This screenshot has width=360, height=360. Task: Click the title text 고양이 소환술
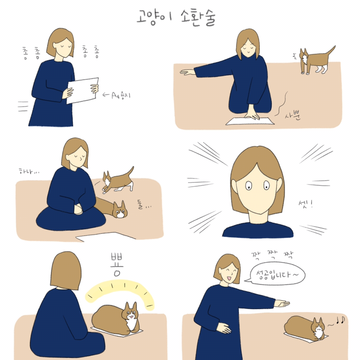[176, 17]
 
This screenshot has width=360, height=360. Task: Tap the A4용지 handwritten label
[121, 95]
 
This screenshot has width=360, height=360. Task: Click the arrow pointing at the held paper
[106, 95]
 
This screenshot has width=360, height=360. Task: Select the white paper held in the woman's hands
[83, 90]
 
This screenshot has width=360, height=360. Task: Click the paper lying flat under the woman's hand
[250, 121]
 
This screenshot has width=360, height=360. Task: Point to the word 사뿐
[293, 115]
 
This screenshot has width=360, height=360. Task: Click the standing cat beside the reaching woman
[316, 60]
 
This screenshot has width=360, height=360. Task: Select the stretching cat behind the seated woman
[118, 181]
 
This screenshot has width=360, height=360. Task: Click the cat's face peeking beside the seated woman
[120, 210]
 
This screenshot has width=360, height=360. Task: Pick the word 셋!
[306, 204]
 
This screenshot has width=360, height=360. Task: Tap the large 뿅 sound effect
[117, 264]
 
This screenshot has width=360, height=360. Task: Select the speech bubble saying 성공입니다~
[275, 274]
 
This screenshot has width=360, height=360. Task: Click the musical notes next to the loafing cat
[340, 320]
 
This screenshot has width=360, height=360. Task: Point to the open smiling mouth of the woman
[228, 278]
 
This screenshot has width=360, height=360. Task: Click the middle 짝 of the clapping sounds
[273, 254]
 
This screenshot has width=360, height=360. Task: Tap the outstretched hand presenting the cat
[282, 303]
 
